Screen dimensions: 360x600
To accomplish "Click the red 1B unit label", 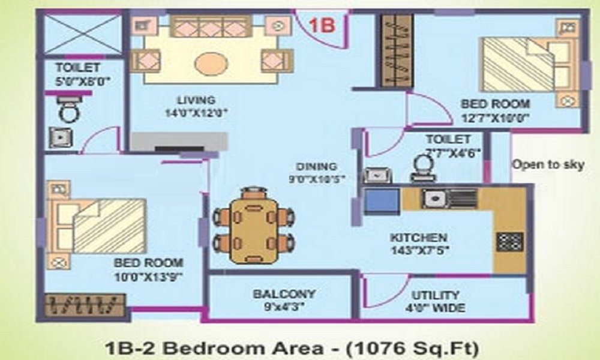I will tap(322, 25).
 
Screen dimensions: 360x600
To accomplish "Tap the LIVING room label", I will tap(196, 100).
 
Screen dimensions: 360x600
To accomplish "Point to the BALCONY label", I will tap(284, 295).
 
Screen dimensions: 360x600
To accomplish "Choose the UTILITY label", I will tap(436, 295).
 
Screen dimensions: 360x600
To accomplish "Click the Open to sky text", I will tap(547, 164).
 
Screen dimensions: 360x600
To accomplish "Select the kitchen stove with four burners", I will tap(509, 241).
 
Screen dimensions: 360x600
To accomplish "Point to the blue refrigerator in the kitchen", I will tap(382, 200).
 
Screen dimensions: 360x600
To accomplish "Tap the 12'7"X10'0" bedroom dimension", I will tap(495, 118).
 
